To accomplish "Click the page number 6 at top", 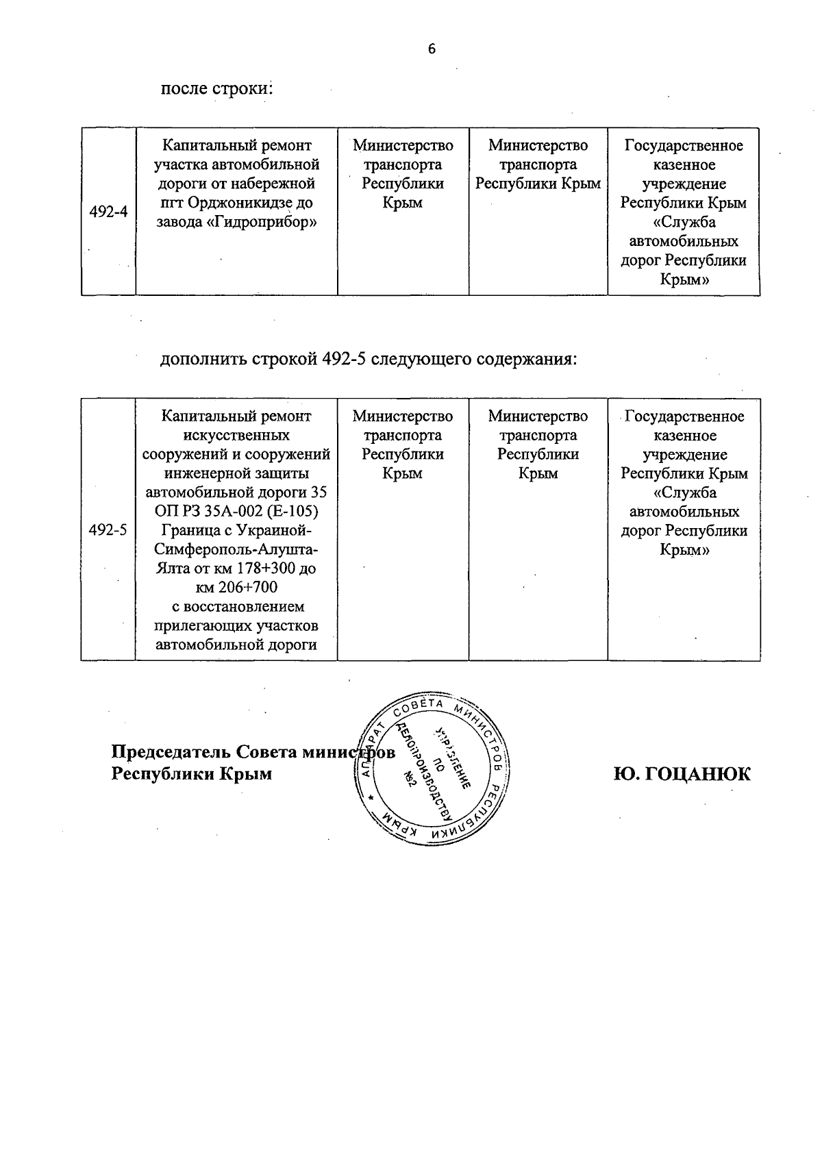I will click(432, 49).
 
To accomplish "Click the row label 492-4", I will click(108, 212).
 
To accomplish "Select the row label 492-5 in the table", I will click(108, 530).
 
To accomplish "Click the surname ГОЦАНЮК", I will click(682, 774).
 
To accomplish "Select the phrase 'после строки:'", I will click(216, 89).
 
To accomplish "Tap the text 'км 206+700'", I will click(236, 588).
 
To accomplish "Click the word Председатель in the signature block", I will click(171, 752).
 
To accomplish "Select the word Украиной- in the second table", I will click(275, 530).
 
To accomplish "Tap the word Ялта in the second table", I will click(171, 569).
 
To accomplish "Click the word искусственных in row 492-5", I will click(236, 435).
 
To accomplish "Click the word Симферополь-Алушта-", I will click(236, 549).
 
